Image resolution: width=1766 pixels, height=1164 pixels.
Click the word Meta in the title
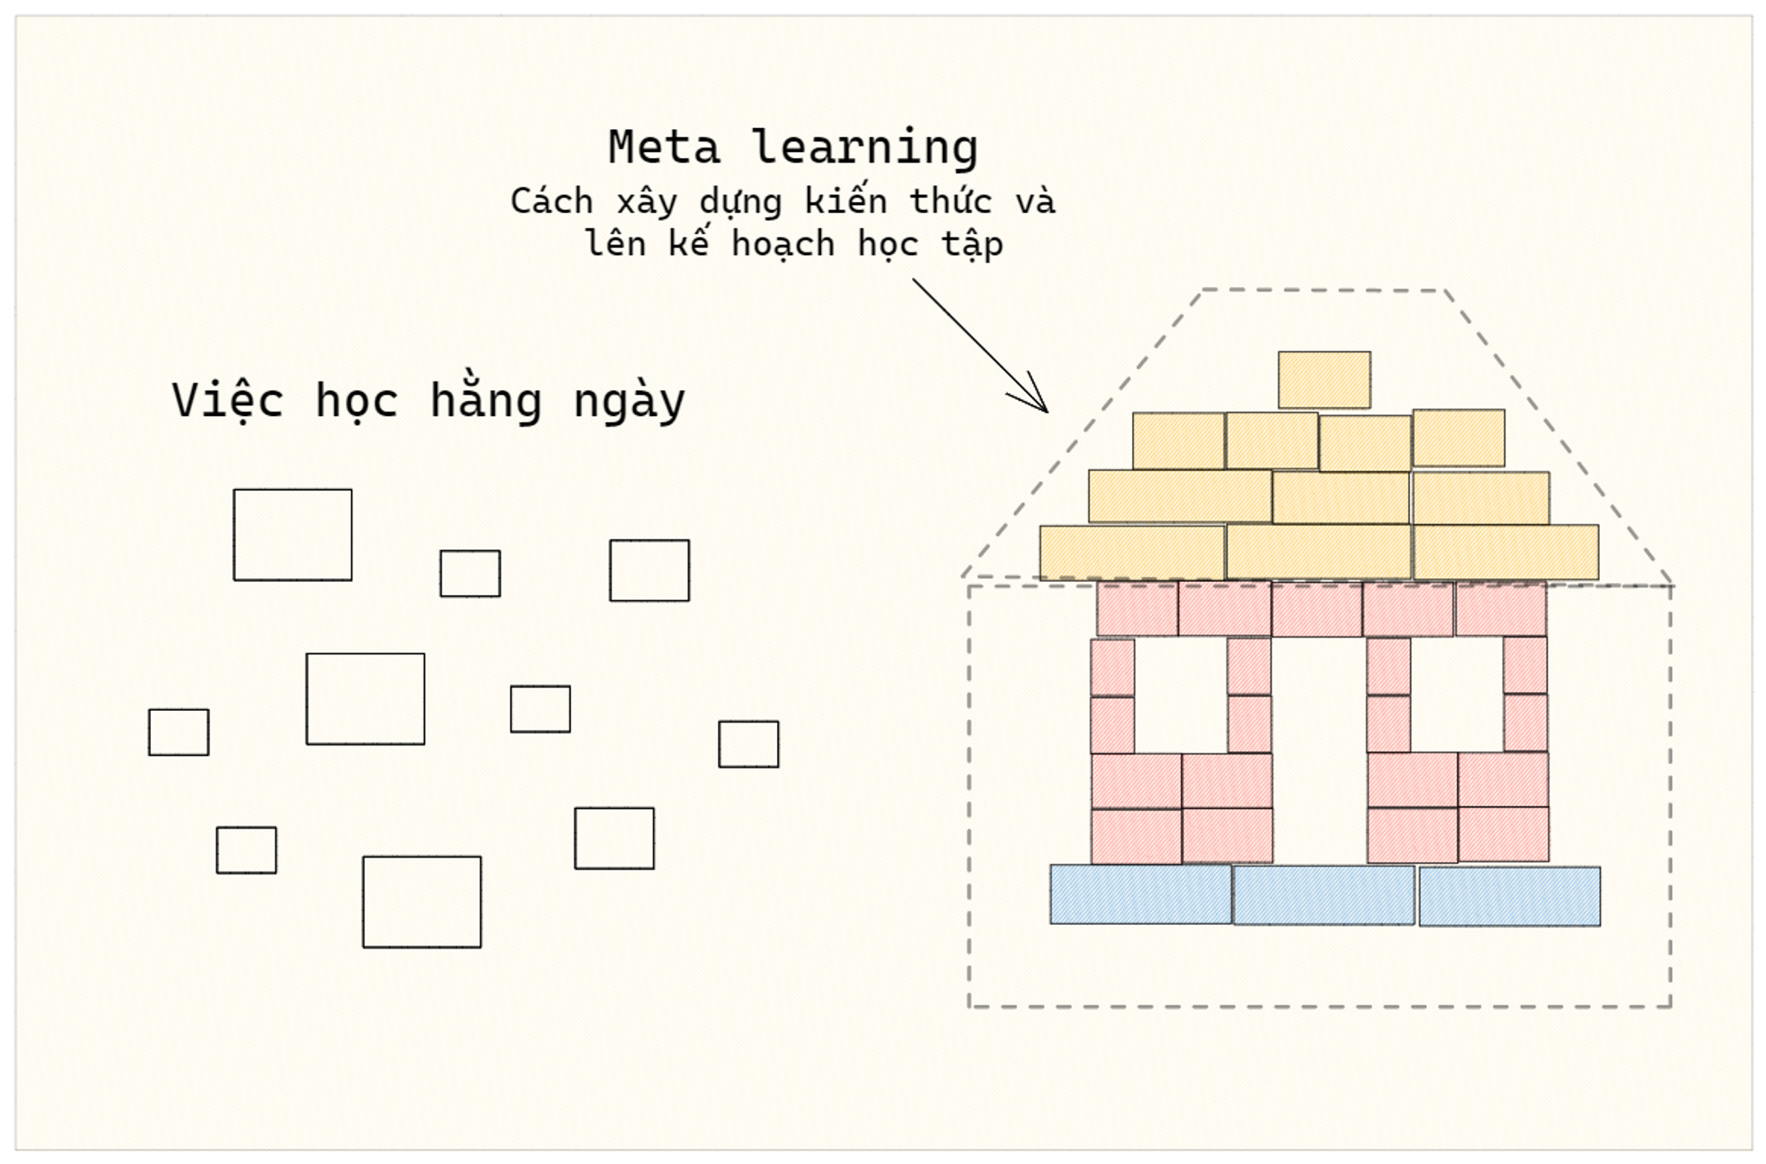(663, 147)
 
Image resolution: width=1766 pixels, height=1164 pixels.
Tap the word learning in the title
(864, 148)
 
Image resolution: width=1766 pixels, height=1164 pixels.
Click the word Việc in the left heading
(227, 400)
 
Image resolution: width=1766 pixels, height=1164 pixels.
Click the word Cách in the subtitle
(551, 201)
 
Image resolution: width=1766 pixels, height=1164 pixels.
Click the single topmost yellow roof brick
(1324, 380)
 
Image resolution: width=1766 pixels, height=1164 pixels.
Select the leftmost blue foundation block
(1140, 894)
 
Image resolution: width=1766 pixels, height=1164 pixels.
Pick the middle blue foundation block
(1324, 895)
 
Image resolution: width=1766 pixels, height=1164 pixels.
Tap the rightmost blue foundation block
(1509, 896)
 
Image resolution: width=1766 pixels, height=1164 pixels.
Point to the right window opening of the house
(1457, 694)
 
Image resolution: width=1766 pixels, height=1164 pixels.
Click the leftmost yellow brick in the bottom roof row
(1132, 553)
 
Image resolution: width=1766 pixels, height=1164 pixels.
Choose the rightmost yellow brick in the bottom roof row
(1506, 553)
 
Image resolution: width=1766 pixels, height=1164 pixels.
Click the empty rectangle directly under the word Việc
(292, 534)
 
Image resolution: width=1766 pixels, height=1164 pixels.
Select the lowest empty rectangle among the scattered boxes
(421, 902)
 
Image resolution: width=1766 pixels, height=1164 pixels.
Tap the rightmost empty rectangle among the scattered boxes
(748, 744)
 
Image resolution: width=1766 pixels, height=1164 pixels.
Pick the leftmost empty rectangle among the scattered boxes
(178, 732)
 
